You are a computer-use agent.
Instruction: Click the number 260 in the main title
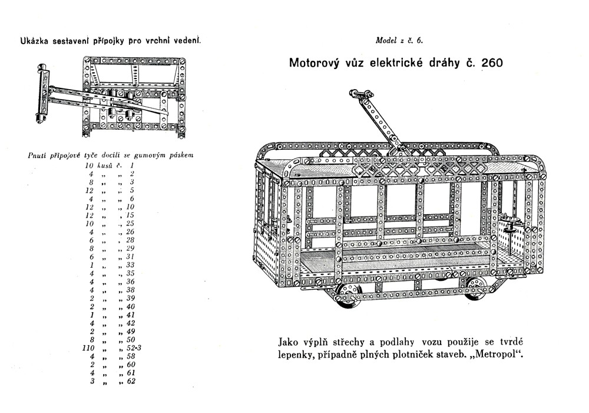pyautogui.click(x=491, y=63)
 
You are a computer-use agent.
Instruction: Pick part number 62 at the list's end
pyautogui.click(x=131, y=381)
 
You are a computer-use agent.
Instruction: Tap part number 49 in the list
pyautogui.click(x=131, y=332)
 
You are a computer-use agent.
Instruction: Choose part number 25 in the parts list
pyautogui.click(x=131, y=224)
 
